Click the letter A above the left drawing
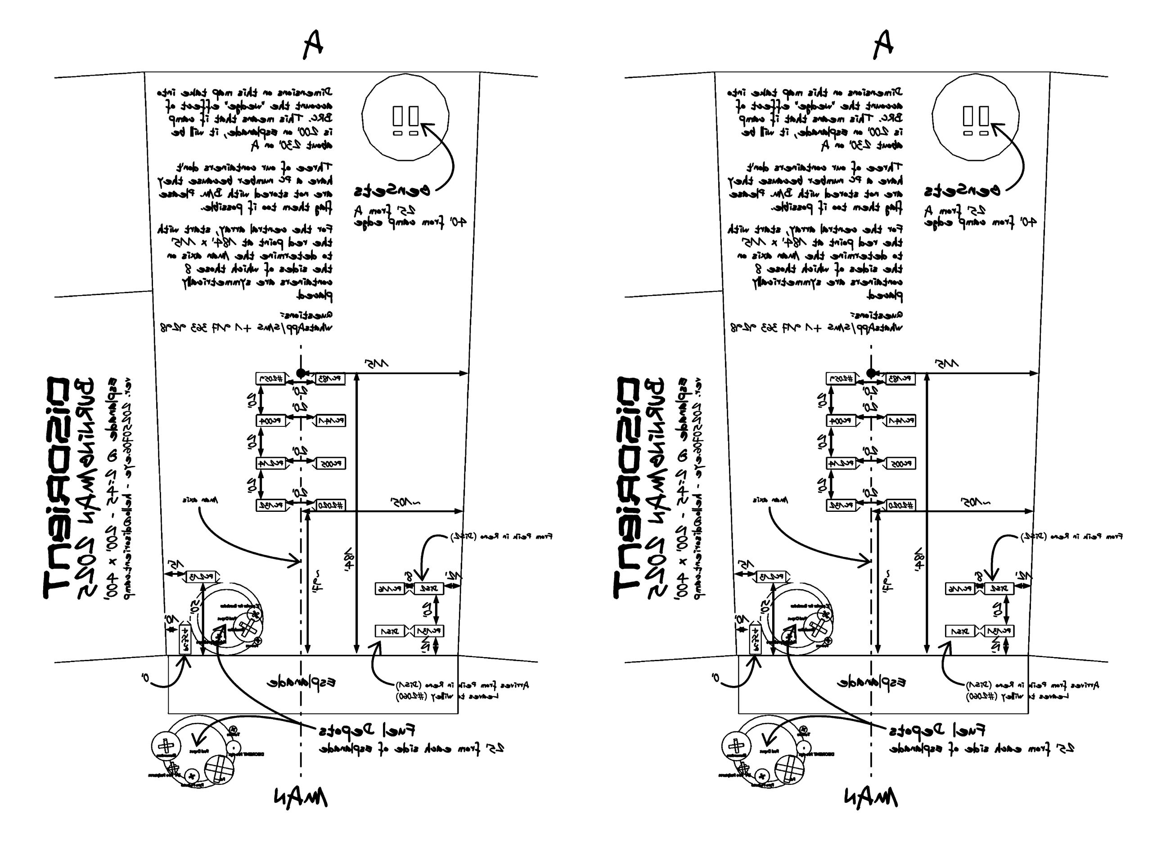pos(312,44)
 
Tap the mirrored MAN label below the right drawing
pos(870,797)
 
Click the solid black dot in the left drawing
pos(301,373)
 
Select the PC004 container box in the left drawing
pos(270,421)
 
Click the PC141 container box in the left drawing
pos(331,421)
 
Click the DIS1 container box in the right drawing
pos(960,631)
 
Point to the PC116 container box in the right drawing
pos(960,589)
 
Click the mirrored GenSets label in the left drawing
pos(391,191)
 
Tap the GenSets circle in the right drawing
pos(975,117)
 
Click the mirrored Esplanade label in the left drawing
pos(301,683)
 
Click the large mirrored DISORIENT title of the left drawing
pos(56,487)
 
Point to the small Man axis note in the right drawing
pos(770,500)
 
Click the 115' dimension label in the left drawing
pos(377,363)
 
